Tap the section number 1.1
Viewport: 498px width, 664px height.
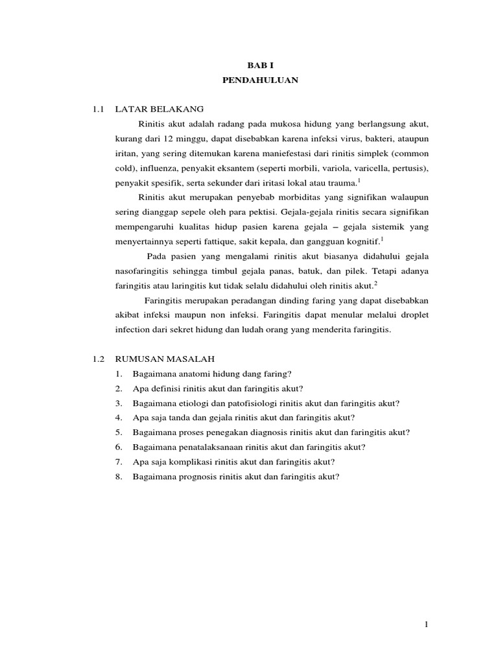(98, 109)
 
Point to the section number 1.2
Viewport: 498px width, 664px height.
(99, 359)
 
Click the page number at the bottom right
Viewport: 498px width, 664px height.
(426, 624)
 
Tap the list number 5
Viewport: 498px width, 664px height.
(119, 433)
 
